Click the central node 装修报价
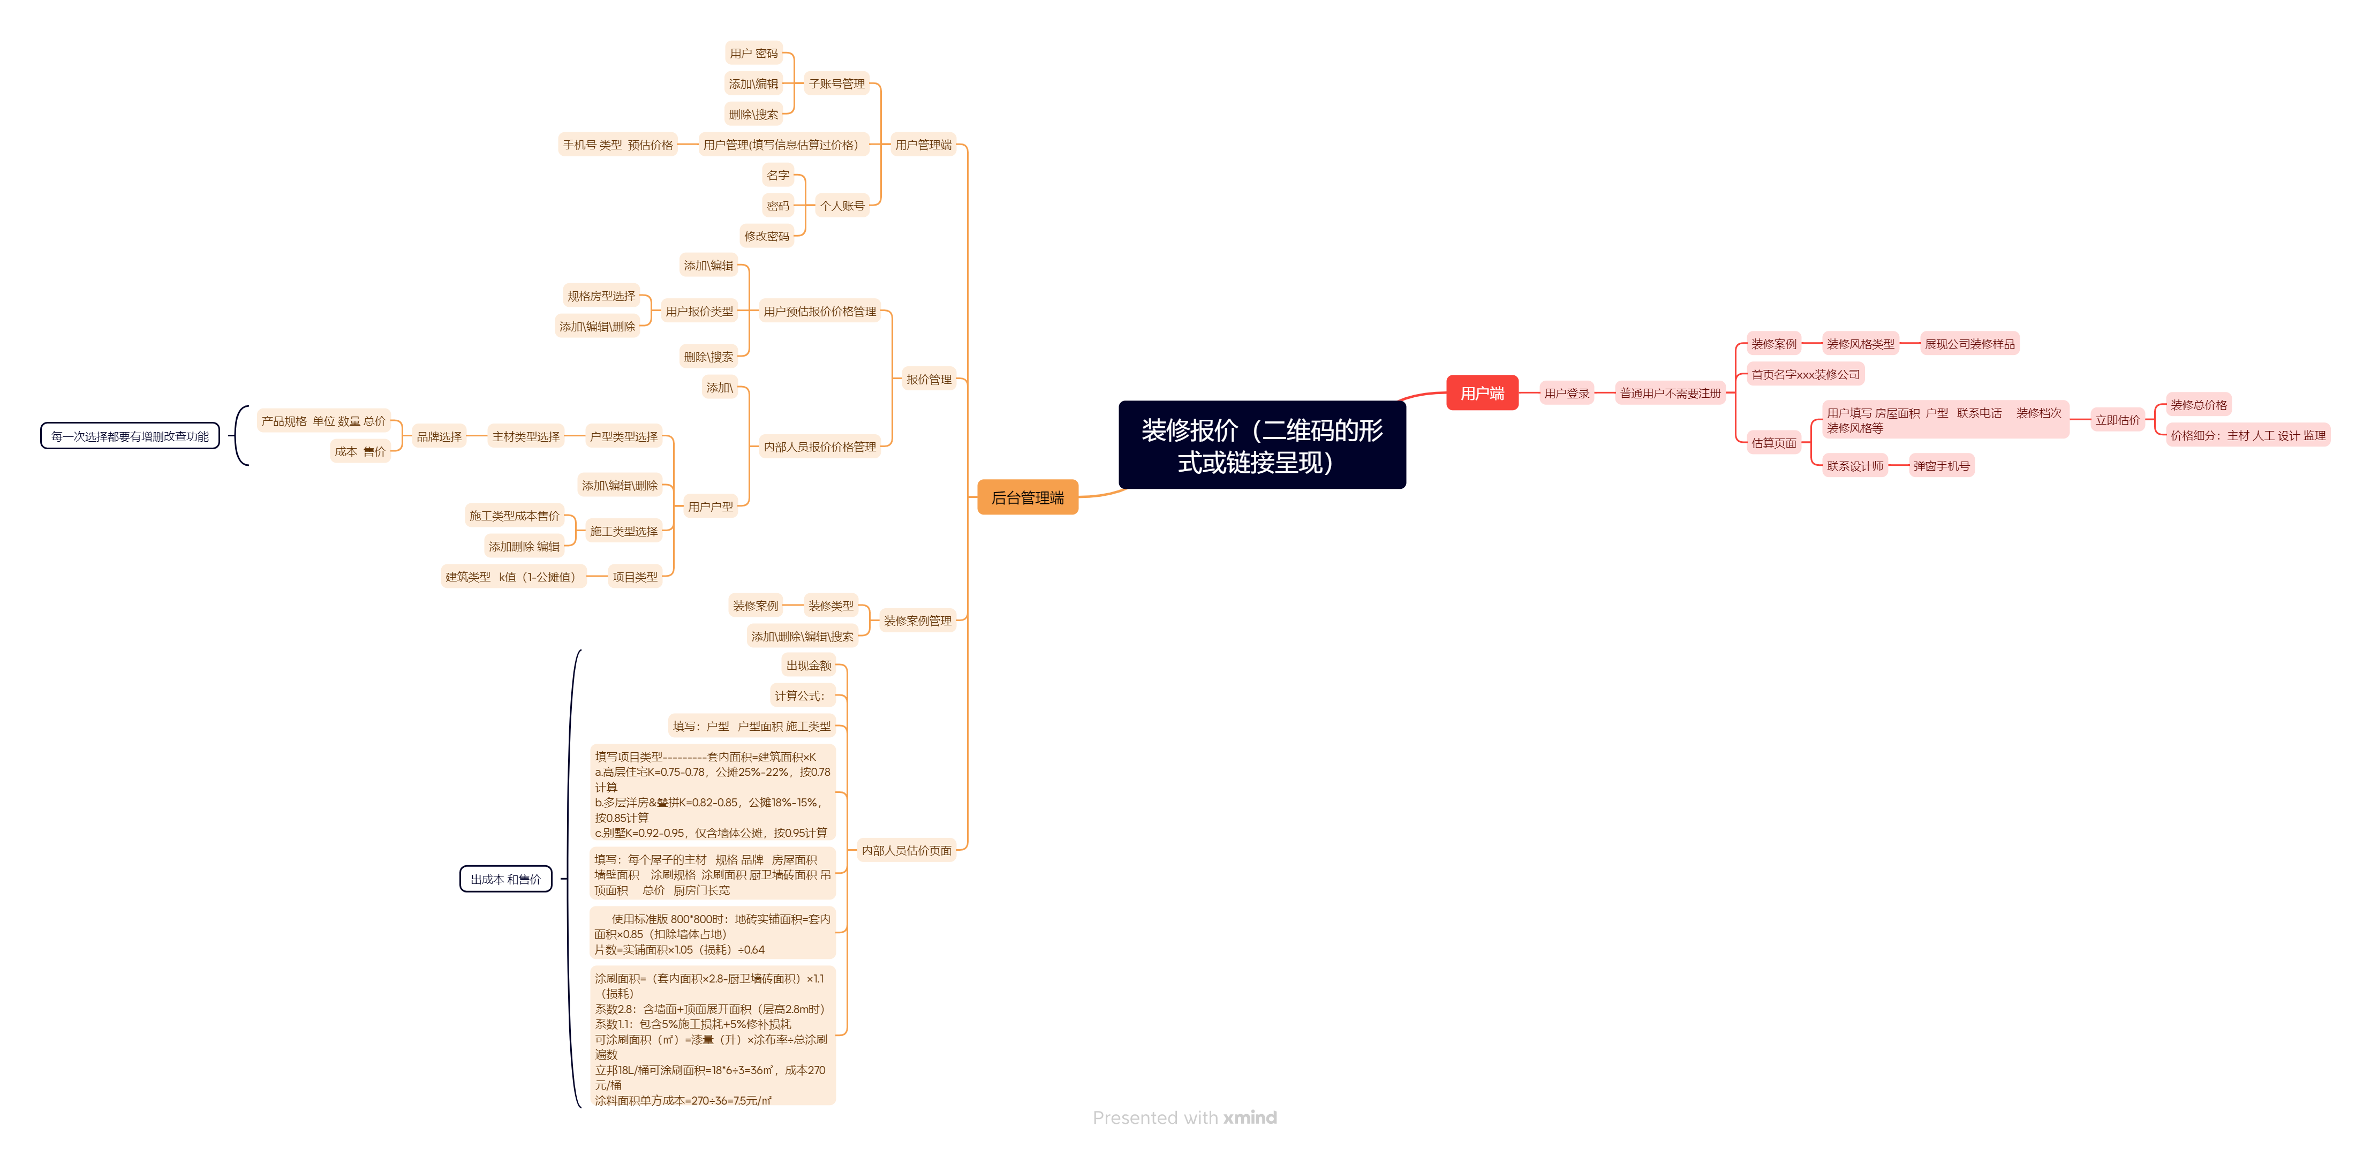[x=1262, y=445]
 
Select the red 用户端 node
[x=1482, y=393]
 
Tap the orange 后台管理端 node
[x=1027, y=497]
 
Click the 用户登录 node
[x=1567, y=393]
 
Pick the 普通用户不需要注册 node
[x=1670, y=393]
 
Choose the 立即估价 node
[x=2118, y=420]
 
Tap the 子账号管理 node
[x=837, y=84]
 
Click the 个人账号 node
[x=843, y=205]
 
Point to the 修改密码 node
[x=767, y=236]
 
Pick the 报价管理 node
[x=928, y=379]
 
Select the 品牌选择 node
[x=439, y=436]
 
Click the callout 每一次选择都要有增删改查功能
[x=130, y=436]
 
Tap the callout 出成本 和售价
[x=506, y=879]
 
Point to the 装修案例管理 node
[x=918, y=621]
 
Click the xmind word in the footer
[x=1250, y=1118]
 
